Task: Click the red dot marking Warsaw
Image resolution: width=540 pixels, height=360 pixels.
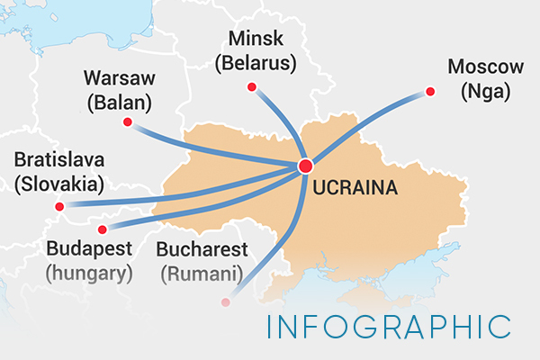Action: tap(128, 121)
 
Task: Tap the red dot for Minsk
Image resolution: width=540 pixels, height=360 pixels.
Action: tap(252, 87)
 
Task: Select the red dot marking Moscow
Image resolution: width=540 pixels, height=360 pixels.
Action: tap(429, 91)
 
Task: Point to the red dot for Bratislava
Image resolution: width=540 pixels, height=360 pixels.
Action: tap(59, 207)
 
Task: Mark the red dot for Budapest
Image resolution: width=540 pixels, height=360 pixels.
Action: tap(101, 229)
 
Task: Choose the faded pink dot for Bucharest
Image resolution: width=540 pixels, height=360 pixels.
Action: tap(226, 302)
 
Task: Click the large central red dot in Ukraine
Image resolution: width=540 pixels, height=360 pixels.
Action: tap(305, 166)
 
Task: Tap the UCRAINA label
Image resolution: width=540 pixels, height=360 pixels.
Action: tap(354, 190)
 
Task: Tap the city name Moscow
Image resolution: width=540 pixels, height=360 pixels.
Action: tap(485, 67)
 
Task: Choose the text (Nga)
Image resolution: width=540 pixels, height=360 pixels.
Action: tap(485, 91)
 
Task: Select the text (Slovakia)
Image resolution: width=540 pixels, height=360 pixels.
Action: tap(59, 185)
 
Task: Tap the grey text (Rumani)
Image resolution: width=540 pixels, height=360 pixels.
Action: tap(202, 271)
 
